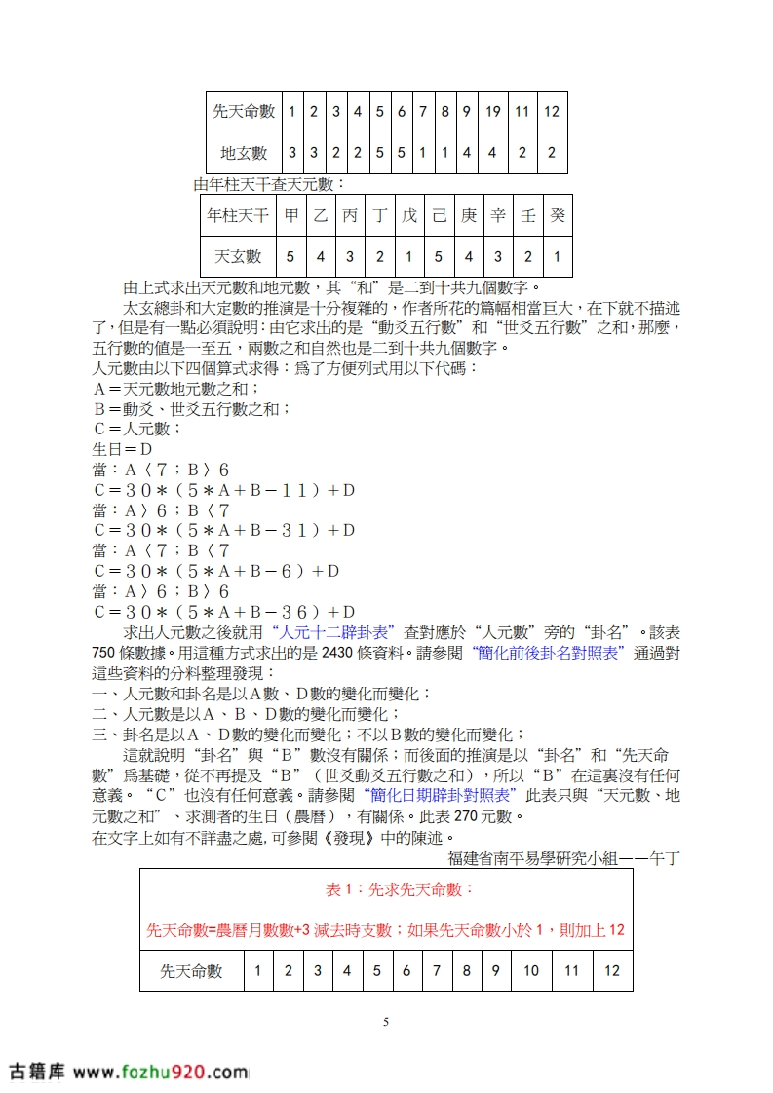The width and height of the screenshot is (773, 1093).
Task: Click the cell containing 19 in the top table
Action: [x=493, y=111]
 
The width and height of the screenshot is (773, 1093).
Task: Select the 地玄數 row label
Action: [x=244, y=153]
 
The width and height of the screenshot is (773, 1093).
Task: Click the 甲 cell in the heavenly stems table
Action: [x=290, y=215]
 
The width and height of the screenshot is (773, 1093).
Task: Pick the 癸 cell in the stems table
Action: [x=557, y=215]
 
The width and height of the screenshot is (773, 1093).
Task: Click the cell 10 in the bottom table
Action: [x=531, y=970]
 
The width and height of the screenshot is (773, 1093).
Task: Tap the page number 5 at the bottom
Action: [x=386, y=1022]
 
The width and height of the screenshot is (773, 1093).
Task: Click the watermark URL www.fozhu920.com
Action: [x=160, y=1072]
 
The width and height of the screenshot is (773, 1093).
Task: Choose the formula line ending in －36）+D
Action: [x=224, y=612]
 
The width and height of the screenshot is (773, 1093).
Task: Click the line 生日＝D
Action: [x=122, y=449]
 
